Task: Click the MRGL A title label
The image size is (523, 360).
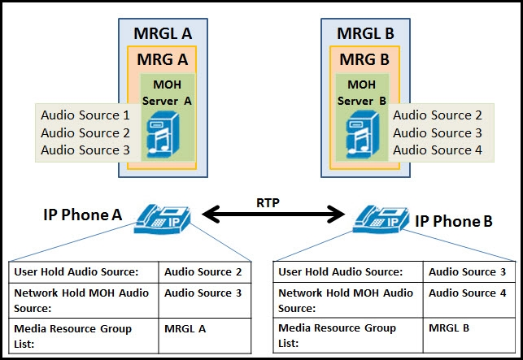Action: (162, 33)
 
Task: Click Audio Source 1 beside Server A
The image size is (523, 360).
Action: (85, 115)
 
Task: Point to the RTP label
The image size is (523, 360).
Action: (268, 202)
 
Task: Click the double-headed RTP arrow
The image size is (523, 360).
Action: (273, 215)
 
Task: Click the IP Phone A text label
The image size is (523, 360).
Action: (82, 215)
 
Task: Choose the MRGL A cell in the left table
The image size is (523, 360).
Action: (185, 328)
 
